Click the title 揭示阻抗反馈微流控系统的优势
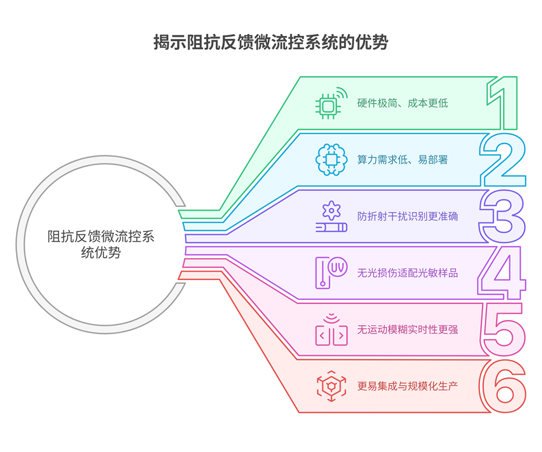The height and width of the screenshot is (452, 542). click(x=271, y=43)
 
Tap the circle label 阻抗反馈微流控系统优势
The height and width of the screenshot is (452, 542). click(x=100, y=244)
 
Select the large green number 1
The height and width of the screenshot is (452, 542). click(x=502, y=103)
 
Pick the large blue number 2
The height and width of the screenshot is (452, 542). click(x=502, y=159)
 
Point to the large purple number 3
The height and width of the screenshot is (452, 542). click(x=502, y=216)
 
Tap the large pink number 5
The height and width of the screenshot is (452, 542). click(x=503, y=330)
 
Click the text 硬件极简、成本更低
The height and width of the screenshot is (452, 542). click(x=402, y=104)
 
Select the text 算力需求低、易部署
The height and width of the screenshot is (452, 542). click(x=402, y=160)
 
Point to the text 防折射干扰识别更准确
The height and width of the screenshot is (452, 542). click(x=407, y=216)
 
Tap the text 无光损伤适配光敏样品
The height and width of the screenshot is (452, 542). click(x=407, y=273)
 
